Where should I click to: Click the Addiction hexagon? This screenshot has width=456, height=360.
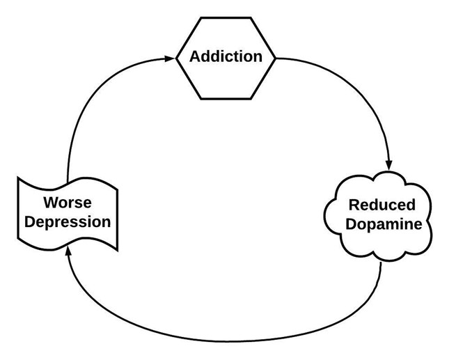click(226, 57)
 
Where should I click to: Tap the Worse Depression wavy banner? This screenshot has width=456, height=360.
click(68, 213)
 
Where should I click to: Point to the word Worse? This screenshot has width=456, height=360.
click(68, 203)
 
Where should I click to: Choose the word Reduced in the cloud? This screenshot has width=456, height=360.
click(381, 205)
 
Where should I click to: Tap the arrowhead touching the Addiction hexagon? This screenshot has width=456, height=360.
click(170, 58)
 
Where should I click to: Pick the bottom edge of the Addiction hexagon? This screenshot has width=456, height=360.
click(226, 98)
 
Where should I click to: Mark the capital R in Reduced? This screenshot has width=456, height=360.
click(354, 205)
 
